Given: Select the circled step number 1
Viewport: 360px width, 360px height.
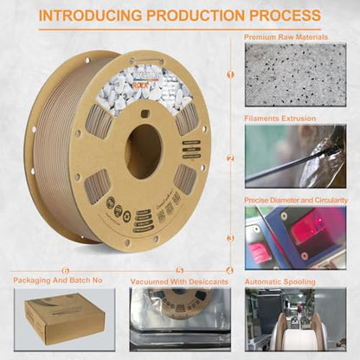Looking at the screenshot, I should pos(230,74).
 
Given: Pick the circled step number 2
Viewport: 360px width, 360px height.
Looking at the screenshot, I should pos(230,158).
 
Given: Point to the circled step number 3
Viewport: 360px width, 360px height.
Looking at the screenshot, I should pos(230,238).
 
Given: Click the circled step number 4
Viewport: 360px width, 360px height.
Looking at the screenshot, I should pos(229,271).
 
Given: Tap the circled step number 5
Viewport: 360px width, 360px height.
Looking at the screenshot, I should pos(179,271).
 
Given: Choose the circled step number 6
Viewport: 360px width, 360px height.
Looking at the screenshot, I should pos(40,271).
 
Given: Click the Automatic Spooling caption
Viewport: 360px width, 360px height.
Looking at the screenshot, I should pos(282,281).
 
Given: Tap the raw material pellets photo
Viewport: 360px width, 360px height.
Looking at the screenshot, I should pos(294,75).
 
